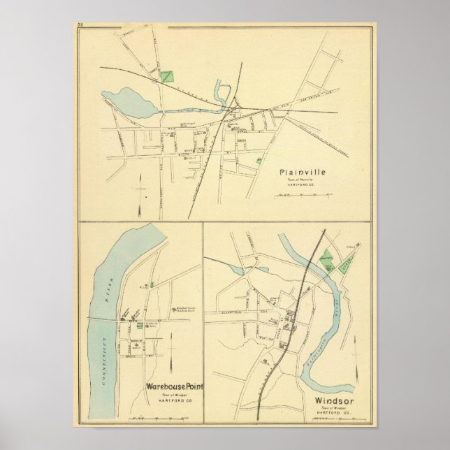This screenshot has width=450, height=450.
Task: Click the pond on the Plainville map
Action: click(131, 102)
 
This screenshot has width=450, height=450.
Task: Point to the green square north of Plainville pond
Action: click(166, 75)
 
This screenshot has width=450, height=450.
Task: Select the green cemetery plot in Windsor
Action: click(326, 259)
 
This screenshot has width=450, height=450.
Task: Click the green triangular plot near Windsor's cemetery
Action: click(344, 263)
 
